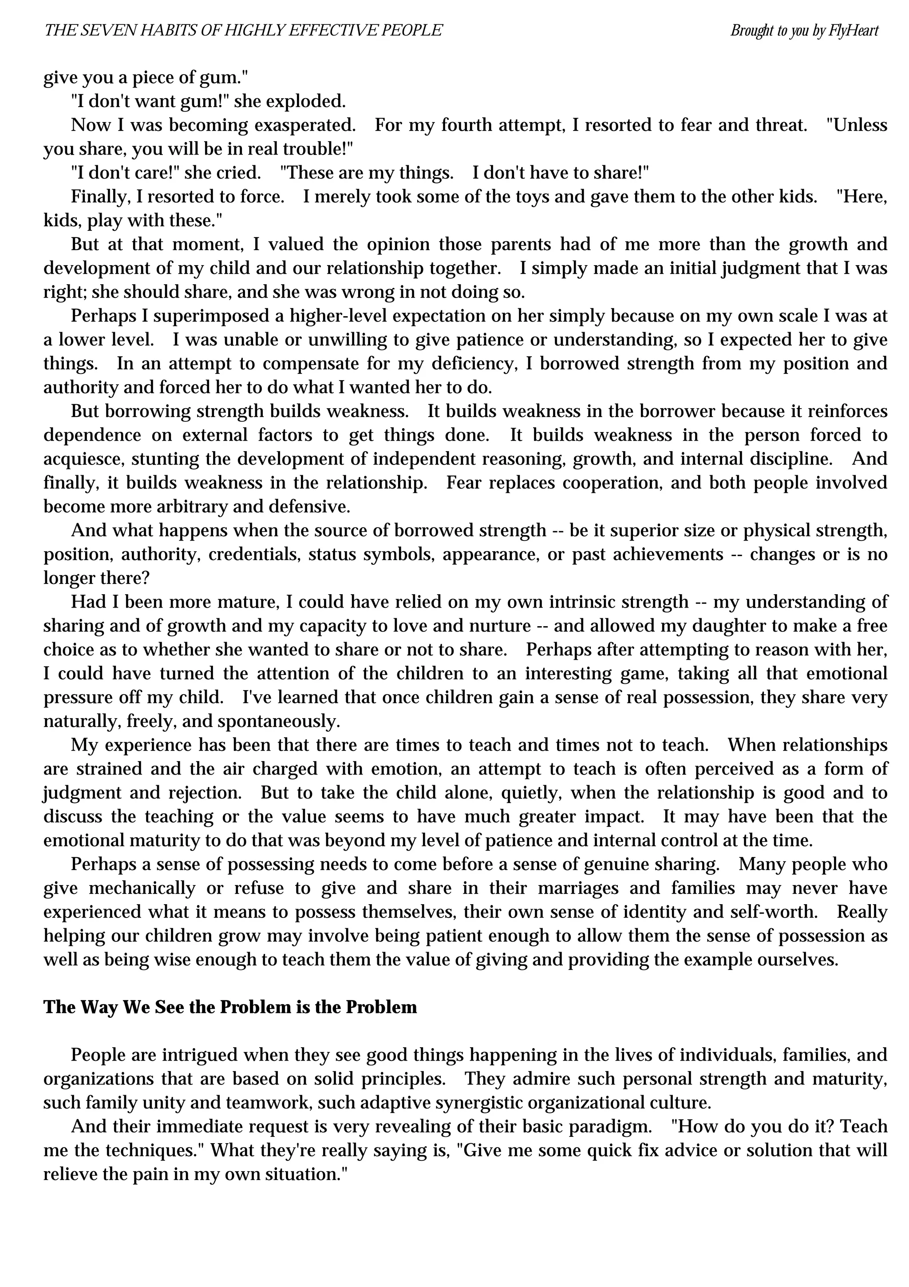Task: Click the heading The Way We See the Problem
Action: [229, 1007]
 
